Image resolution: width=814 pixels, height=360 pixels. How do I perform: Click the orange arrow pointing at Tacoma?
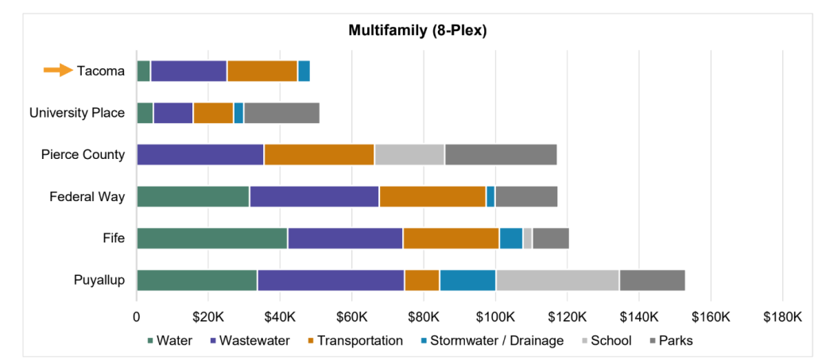click(x=57, y=70)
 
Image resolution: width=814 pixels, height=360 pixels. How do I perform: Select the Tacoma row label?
click(x=101, y=71)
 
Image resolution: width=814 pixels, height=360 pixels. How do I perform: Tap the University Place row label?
click(x=77, y=113)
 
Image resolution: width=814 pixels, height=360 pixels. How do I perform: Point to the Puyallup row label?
click(x=99, y=280)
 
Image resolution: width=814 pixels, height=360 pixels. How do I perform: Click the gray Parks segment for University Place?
click(x=281, y=113)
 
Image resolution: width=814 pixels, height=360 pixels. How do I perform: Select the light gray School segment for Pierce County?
click(x=409, y=154)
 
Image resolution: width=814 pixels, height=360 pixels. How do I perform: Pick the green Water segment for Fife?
click(x=211, y=238)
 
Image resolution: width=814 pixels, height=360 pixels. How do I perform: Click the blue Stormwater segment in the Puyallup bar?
click(x=467, y=280)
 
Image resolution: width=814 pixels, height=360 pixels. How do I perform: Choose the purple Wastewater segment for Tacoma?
click(x=188, y=71)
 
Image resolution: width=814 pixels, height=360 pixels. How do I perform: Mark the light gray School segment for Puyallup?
click(x=557, y=280)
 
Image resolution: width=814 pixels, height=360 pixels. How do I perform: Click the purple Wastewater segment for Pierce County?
click(x=200, y=154)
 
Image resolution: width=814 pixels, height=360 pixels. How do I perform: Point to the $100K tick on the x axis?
click(x=496, y=317)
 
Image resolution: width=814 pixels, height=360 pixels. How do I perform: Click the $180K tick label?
click(x=782, y=317)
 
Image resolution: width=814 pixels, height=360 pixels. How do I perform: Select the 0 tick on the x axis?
click(x=137, y=317)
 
